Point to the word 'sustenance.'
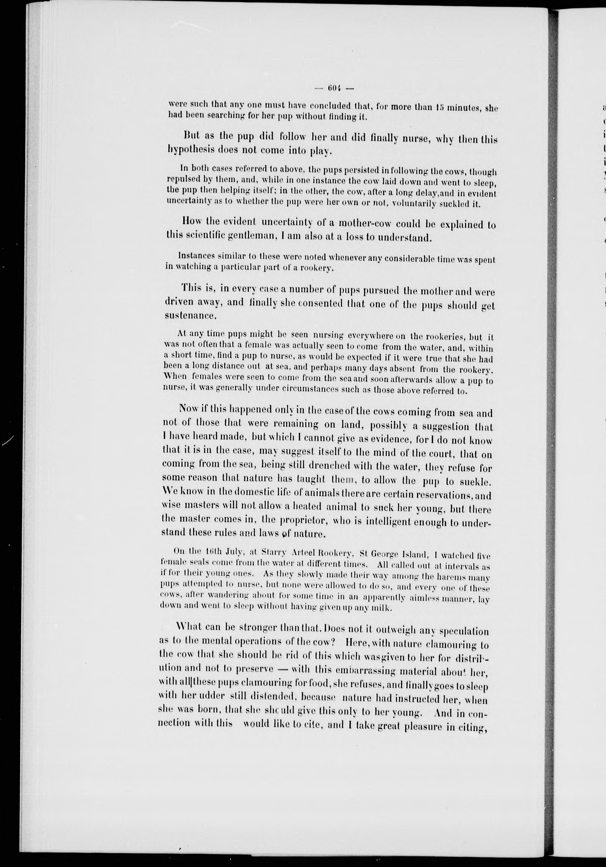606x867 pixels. [x=190, y=316]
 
